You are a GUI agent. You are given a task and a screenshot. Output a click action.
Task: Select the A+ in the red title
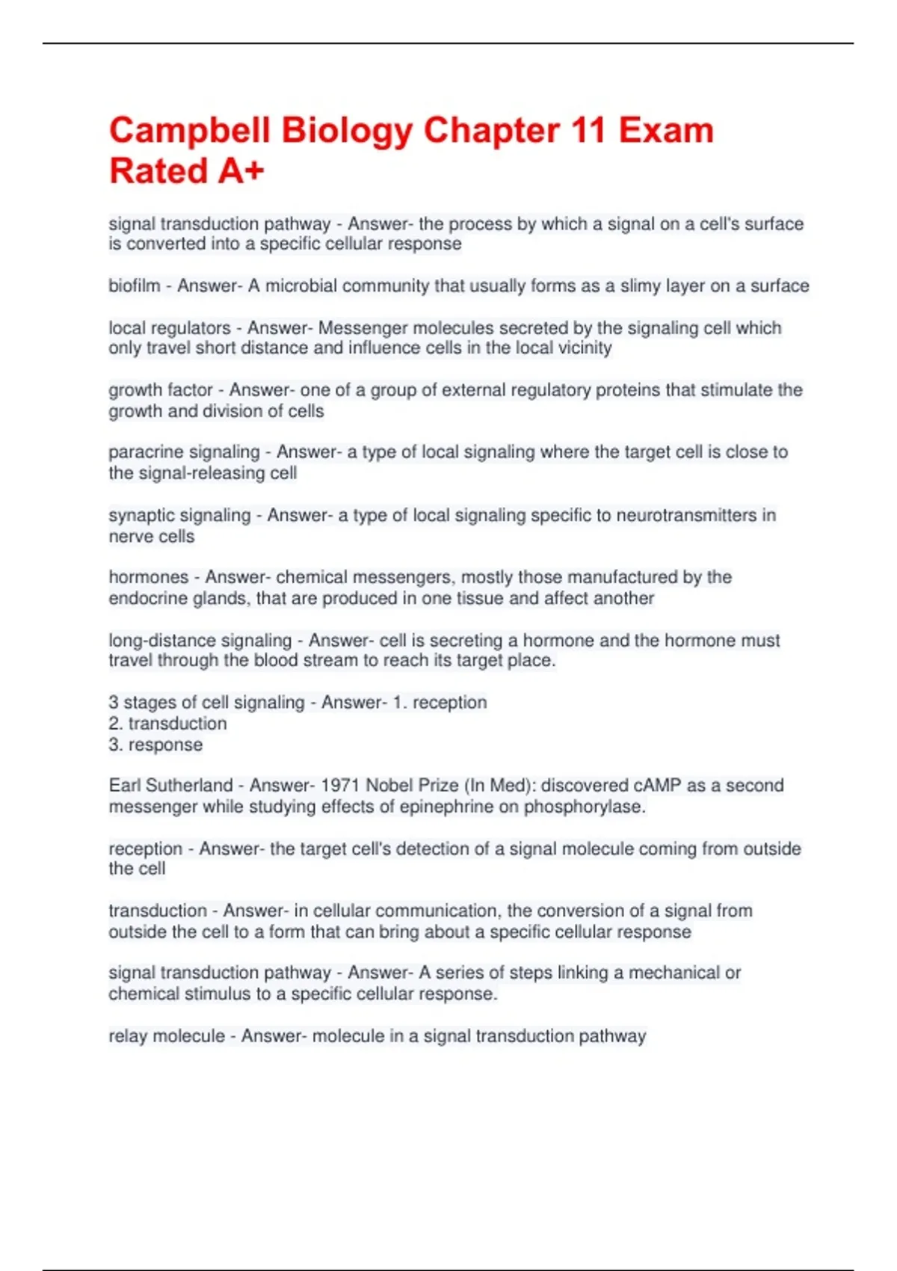pos(241,171)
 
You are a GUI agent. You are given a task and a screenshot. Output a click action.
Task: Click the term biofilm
pos(135,286)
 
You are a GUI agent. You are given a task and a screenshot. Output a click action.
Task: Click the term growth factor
pos(161,390)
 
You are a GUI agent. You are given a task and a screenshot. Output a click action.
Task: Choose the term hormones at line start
pos(149,577)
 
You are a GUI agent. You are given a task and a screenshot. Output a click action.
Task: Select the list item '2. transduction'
pos(167,724)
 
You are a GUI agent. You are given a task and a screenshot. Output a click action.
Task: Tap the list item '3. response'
pos(155,745)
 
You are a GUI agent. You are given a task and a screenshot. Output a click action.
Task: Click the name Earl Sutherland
pos(170,786)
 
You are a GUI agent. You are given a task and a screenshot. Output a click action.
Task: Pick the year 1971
pos(341,786)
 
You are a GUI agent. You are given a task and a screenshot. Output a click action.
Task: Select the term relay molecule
pos(167,1036)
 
